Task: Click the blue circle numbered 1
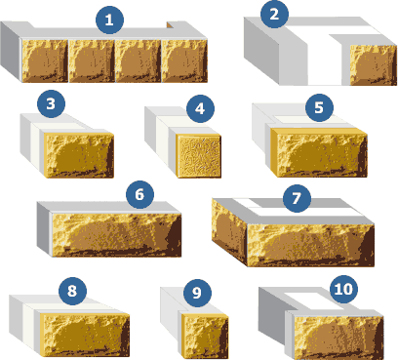109,20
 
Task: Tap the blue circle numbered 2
274,14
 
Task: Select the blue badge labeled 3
51,104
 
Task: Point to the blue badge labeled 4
200,108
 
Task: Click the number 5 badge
319,107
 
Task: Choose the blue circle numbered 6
139,194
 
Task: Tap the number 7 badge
297,198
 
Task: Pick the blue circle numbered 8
72,291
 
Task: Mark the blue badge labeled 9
197,293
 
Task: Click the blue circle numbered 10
343,289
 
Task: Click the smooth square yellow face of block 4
199,156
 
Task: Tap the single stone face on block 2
374,65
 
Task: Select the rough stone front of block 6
116,235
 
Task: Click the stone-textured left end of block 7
229,231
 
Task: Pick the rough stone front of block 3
79,155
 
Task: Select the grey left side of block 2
261,52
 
